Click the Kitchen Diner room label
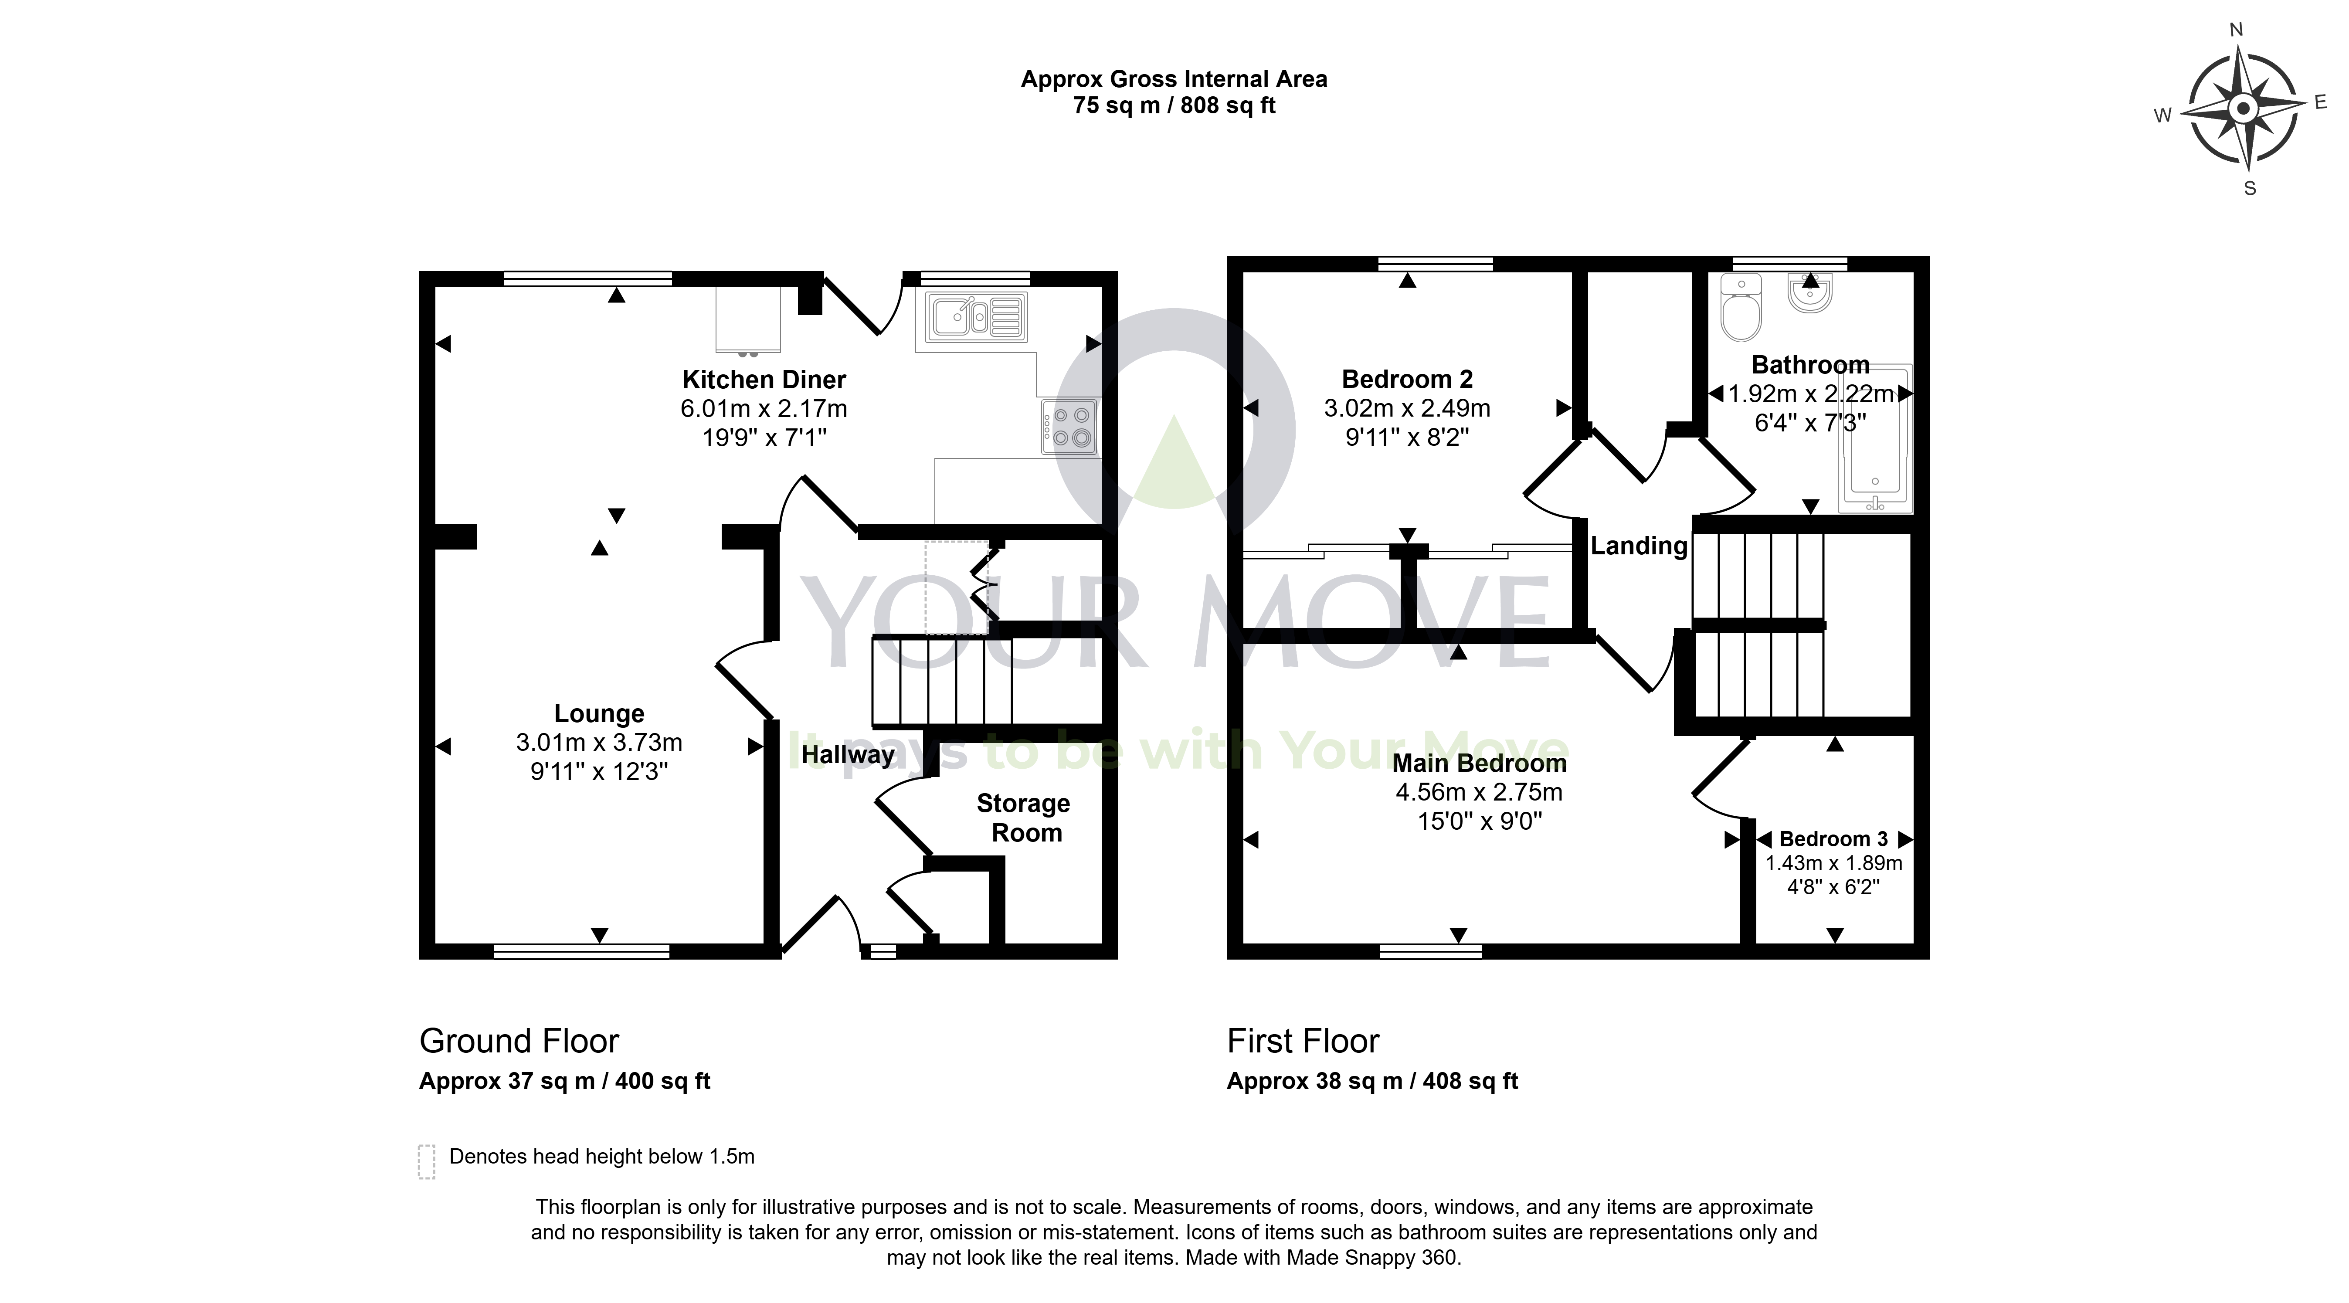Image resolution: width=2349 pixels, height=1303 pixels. click(764, 379)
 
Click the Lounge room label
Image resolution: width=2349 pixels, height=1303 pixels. click(599, 713)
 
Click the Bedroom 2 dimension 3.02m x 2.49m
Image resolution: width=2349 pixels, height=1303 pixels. click(1407, 408)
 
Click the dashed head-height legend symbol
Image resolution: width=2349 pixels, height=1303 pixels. click(426, 1162)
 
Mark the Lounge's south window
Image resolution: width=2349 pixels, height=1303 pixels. click(582, 952)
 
